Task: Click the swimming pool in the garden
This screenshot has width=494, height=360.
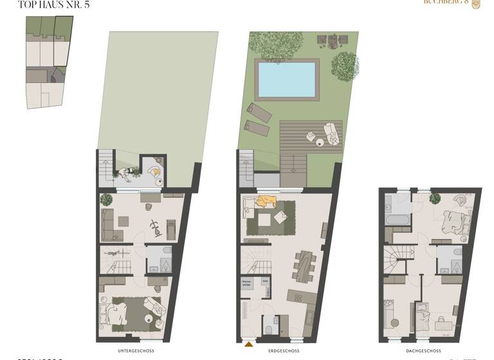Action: click(286, 80)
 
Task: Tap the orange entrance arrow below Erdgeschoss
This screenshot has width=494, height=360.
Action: click(249, 345)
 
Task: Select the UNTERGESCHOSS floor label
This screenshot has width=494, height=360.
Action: click(136, 352)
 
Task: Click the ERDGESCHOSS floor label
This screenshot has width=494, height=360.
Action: click(284, 352)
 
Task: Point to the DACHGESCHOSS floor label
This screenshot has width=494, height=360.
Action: click(424, 352)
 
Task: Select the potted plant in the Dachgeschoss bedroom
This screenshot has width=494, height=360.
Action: click(434, 197)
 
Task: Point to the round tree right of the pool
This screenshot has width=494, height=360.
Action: click(345, 66)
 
